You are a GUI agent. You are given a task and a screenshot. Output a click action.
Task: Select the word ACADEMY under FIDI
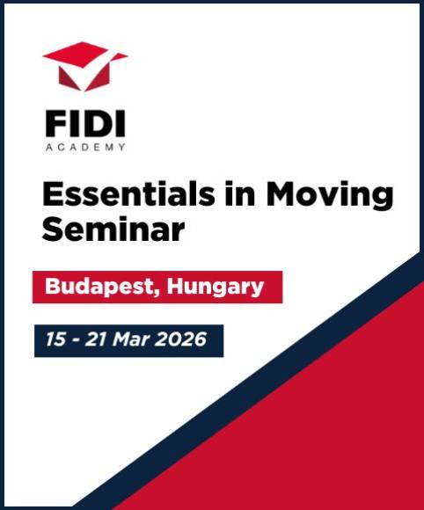pos(85,147)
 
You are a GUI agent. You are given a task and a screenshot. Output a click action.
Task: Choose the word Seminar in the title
pos(113,229)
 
